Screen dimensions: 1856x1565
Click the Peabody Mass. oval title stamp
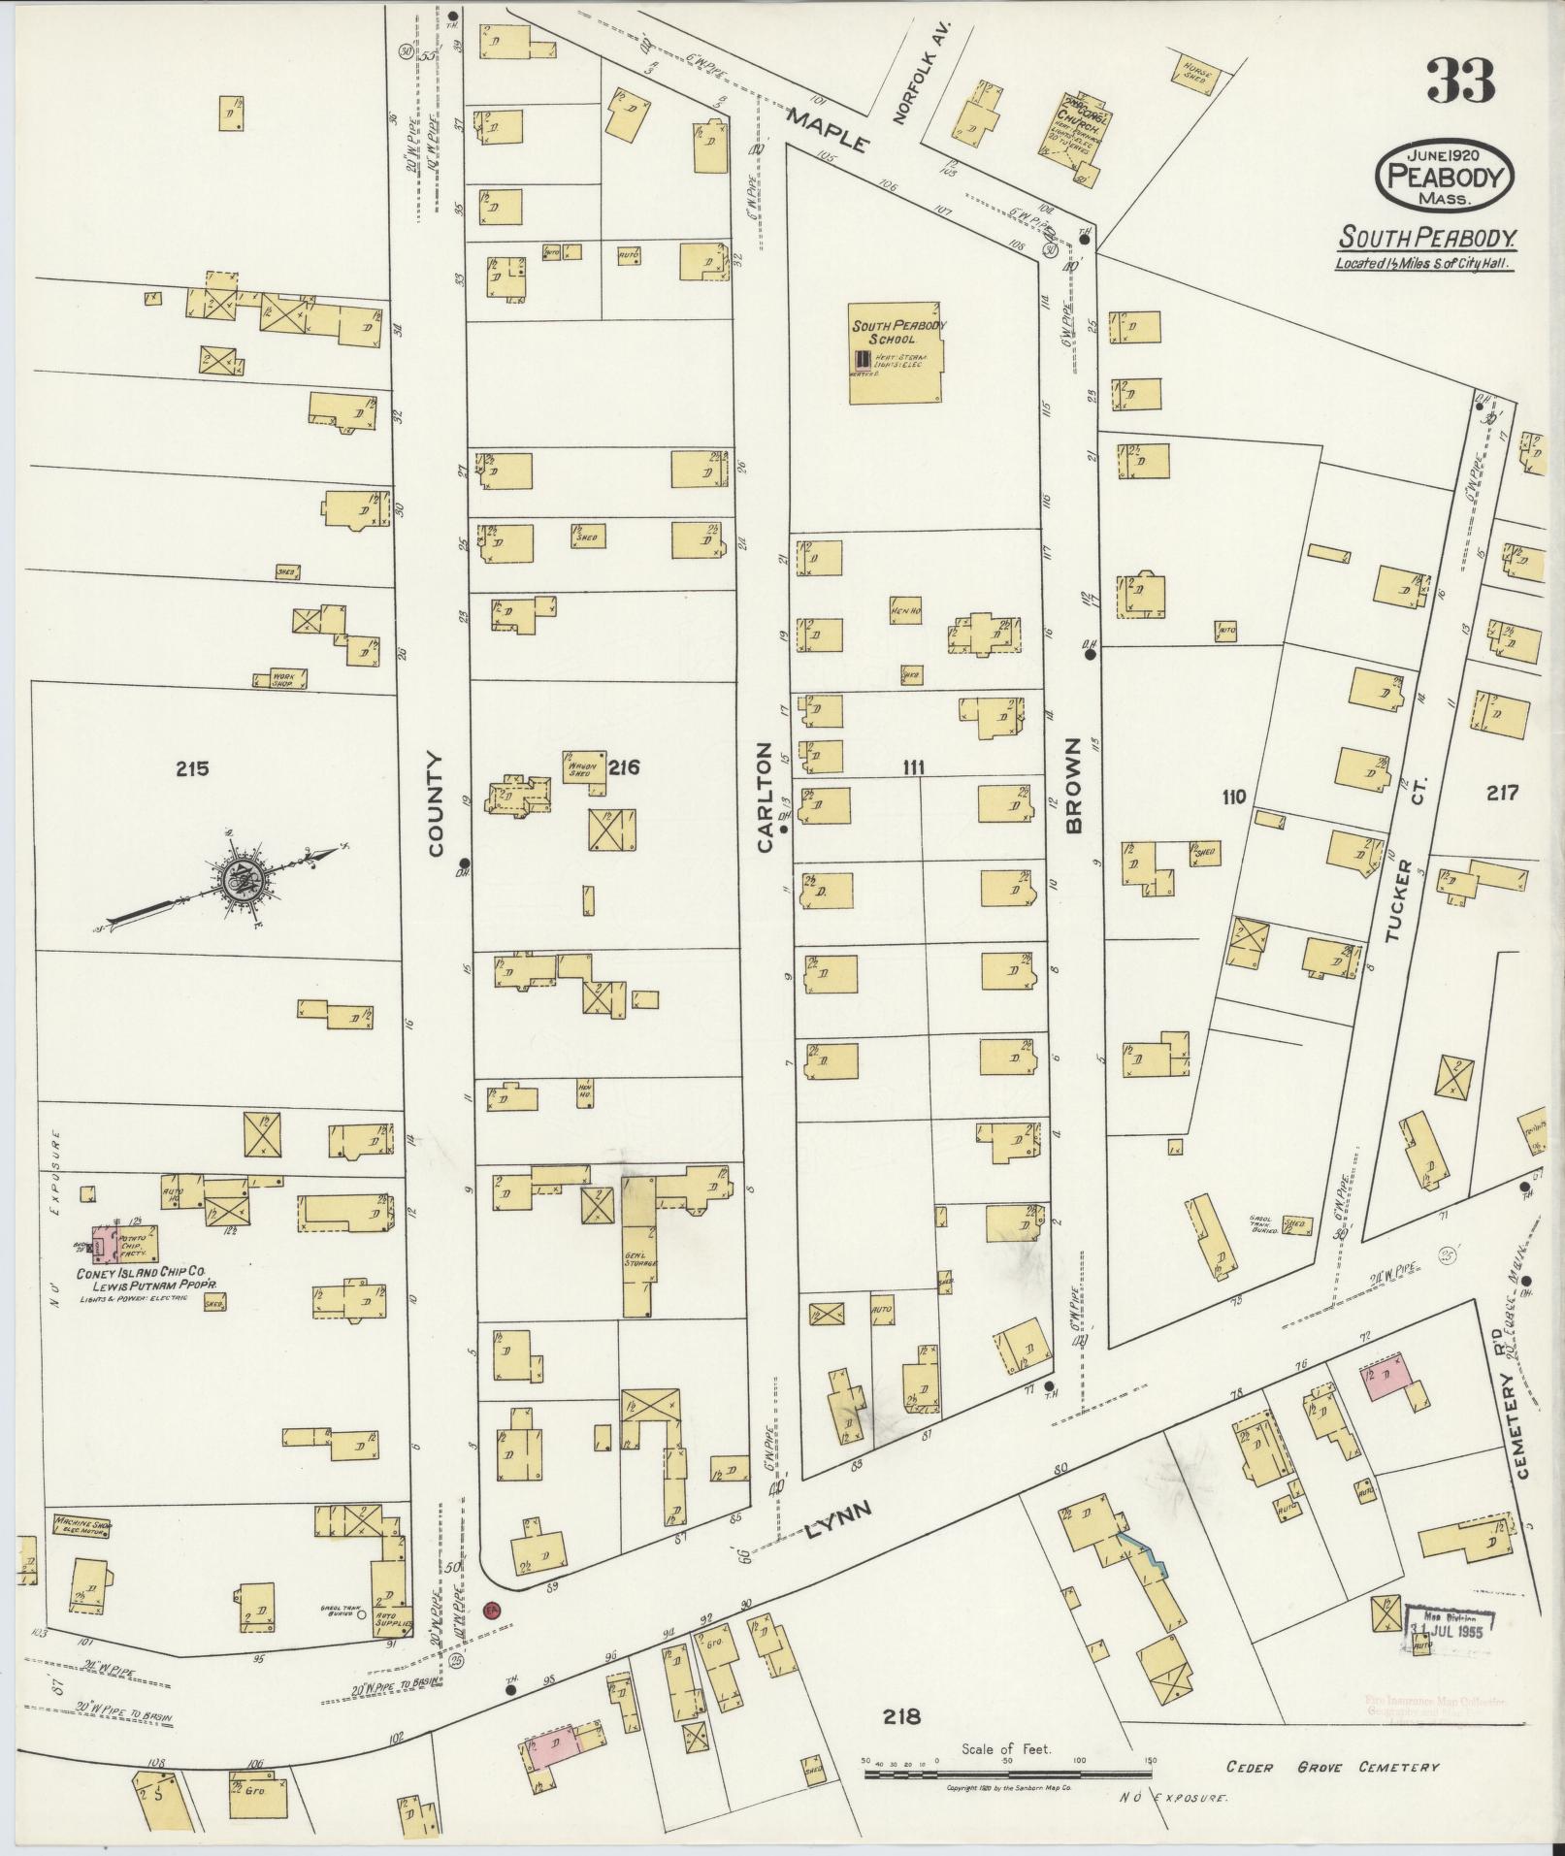coord(1445,177)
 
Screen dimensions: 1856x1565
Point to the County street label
coord(435,804)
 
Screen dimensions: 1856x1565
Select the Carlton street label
coord(766,798)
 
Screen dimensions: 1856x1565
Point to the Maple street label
coord(828,129)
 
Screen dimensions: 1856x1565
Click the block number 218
coord(901,1717)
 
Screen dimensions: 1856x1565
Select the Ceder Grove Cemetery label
coord(1332,1768)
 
